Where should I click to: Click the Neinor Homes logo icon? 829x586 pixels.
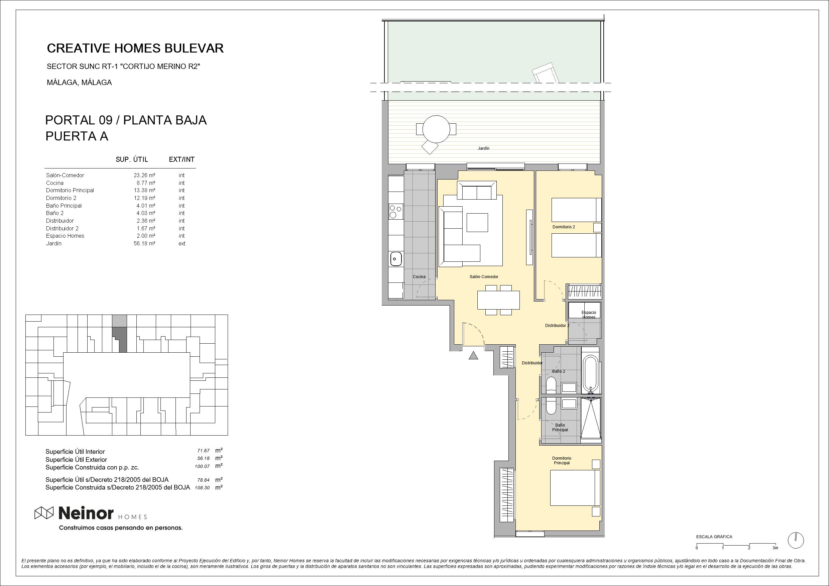(44, 513)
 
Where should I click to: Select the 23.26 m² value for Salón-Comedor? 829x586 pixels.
(144, 175)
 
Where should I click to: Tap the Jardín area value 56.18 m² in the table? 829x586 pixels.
(144, 244)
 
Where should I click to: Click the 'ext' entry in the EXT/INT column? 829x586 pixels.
(182, 244)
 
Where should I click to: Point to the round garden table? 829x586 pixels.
(436, 129)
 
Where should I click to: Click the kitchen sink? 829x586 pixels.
(396, 258)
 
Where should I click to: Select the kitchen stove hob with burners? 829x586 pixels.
(396, 211)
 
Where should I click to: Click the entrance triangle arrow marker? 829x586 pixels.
(473, 355)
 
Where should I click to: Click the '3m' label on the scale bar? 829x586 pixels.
(775, 548)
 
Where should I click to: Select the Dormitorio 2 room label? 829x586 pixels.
(564, 227)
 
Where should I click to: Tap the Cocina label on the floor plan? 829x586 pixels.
(419, 277)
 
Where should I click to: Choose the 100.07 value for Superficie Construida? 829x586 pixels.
(202, 466)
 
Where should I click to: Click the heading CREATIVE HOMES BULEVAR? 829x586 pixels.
(135, 48)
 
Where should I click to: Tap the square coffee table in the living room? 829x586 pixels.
(477, 222)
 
